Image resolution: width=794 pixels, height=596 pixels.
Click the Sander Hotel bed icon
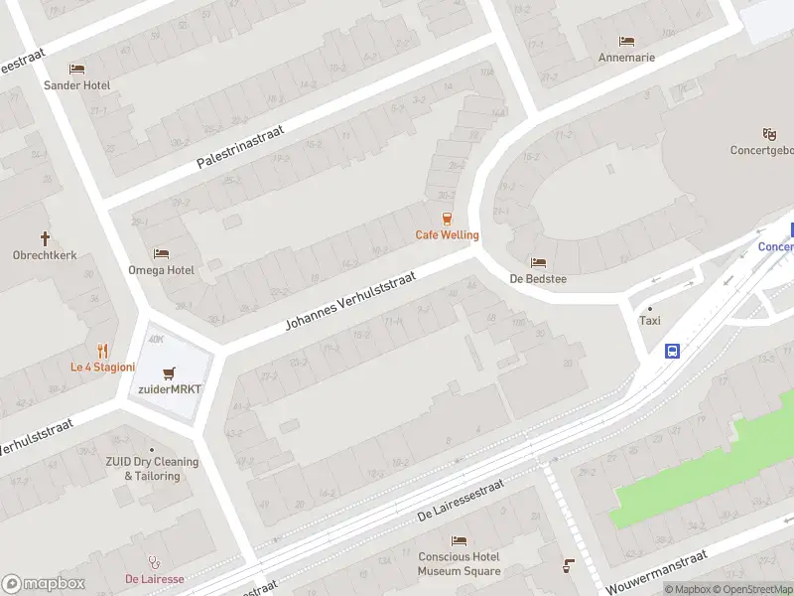pos(76,69)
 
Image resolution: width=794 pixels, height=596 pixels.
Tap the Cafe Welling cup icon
pos(447,220)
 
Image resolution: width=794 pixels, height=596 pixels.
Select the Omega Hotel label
pos(161,269)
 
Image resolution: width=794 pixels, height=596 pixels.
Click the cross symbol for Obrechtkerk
pos(45,238)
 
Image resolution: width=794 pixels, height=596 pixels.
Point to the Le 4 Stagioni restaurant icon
pos(102,351)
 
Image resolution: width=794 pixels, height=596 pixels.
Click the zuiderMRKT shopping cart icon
pos(171,373)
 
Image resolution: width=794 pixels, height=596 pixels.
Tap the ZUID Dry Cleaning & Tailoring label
pos(152,469)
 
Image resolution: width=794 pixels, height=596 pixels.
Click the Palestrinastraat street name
pos(241,145)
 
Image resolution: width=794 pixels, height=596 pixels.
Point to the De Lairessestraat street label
pos(461,500)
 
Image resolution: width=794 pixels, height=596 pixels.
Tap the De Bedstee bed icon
pos(538,263)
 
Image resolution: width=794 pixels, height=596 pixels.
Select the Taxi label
pos(649,320)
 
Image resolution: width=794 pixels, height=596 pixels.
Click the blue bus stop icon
pos(673,351)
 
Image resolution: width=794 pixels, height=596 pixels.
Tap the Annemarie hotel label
pos(626,57)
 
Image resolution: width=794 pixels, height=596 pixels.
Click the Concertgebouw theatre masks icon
pos(768,134)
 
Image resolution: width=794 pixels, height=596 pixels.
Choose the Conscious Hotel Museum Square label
pos(459,563)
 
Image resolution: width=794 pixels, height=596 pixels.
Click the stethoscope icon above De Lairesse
pos(154,562)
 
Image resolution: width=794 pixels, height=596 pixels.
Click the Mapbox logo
pos(44,584)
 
